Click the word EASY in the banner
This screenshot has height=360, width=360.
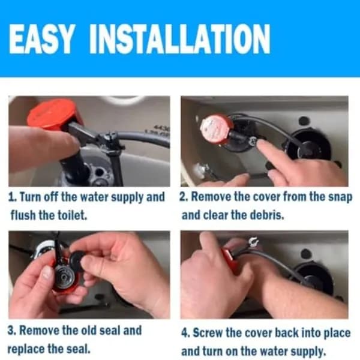[x=42, y=38]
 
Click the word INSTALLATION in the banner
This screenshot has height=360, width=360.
[x=180, y=38]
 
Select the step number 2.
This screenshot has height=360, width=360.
[x=184, y=197]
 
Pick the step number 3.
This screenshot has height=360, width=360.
[x=11, y=331]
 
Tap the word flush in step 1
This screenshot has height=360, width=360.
[x=23, y=215]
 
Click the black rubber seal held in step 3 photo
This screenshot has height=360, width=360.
[x=77, y=261]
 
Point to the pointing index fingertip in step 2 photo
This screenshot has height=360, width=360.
[x=260, y=144]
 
